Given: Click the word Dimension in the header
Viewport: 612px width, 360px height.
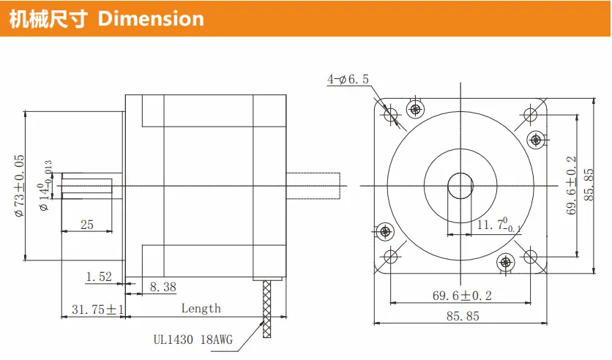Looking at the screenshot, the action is (x=151, y=19).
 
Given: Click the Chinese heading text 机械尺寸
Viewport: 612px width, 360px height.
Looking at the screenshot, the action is (x=48, y=19).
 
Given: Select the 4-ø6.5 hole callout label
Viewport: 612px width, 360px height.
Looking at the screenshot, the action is (x=348, y=79).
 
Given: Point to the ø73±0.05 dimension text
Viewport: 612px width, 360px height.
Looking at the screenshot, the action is (x=19, y=186).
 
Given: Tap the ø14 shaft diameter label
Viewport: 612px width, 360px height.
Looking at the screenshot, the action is (x=45, y=186).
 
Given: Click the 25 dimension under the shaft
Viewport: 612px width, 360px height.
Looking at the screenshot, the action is (x=87, y=225).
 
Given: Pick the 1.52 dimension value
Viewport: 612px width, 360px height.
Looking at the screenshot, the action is (x=99, y=277).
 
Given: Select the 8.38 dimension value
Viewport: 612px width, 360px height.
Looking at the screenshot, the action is (x=163, y=287).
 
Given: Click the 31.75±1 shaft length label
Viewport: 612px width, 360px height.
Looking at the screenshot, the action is (x=97, y=310).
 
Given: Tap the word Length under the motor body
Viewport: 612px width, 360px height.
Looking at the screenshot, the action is (x=201, y=308).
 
